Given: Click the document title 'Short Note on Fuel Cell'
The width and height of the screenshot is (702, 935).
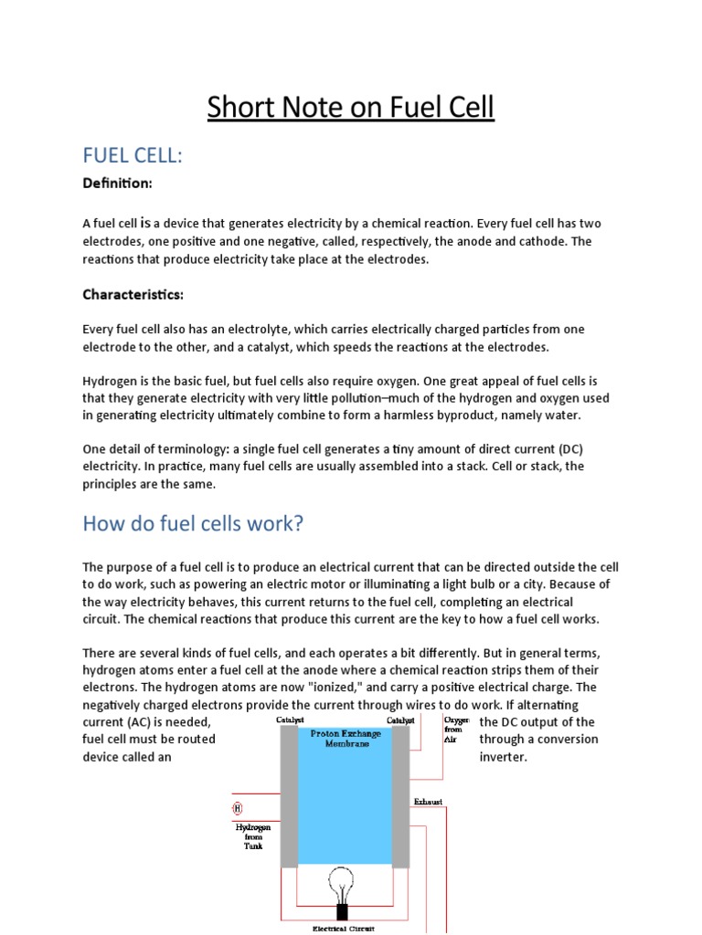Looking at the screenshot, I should [x=350, y=108].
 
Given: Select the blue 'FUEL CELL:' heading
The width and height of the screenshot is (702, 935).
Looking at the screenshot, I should [x=133, y=156].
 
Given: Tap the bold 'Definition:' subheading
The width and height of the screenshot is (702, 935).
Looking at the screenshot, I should [x=117, y=184].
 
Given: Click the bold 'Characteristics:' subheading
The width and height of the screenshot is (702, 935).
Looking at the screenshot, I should [x=133, y=294].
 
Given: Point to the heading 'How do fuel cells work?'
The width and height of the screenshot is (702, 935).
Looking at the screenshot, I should [x=192, y=523].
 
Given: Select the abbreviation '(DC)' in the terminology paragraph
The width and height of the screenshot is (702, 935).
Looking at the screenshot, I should [x=565, y=450].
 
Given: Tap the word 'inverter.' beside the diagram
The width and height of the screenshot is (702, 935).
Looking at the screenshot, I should [x=504, y=757].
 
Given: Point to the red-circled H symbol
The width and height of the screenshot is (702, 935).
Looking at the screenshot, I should [x=238, y=808].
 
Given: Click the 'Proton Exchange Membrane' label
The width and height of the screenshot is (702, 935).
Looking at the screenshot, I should [x=340, y=738].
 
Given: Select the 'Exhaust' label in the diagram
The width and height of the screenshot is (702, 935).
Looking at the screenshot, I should [x=427, y=801].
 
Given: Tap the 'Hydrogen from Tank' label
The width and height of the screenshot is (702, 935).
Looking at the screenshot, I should [x=252, y=836].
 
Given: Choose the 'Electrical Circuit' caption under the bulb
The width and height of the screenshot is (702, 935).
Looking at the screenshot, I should [x=343, y=929].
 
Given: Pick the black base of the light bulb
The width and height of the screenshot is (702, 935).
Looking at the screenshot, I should [x=343, y=910].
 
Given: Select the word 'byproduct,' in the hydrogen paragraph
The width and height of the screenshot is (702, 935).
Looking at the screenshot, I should [x=488, y=415].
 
